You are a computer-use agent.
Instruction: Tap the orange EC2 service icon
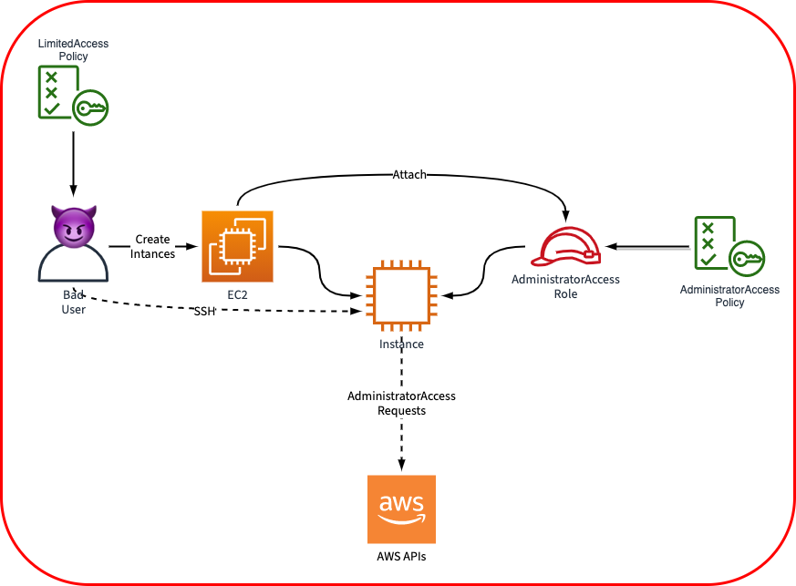click(237, 246)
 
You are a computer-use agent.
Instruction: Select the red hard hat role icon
click(567, 247)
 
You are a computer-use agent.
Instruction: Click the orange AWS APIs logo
click(401, 509)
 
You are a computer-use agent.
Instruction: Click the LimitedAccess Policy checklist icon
click(71, 93)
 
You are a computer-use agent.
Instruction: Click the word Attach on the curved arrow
click(409, 174)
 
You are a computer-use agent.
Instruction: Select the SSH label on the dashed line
click(204, 312)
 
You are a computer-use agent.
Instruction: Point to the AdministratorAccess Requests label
click(401, 404)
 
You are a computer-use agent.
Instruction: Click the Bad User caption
click(72, 303)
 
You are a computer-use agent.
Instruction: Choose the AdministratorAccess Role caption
click(565, 287)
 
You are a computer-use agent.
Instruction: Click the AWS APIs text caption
click(401, 555)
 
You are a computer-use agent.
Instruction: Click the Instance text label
click(401, 344)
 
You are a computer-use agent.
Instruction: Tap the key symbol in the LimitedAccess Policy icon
click(91, 108)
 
